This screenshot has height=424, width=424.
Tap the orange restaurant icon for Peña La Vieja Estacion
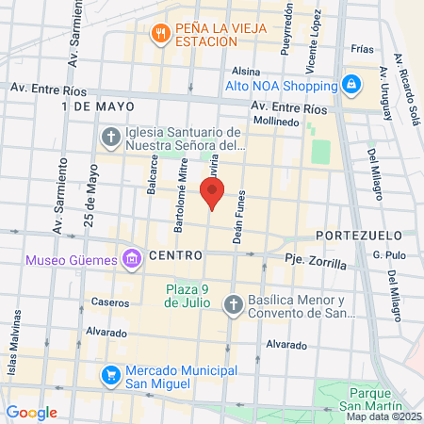(160, 33)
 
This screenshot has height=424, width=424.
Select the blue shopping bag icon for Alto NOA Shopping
(351, 86)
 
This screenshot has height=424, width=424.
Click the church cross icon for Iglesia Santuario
(109, 139)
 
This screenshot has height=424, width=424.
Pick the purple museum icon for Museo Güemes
(129, 258)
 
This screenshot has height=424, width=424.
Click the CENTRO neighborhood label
(176, 255)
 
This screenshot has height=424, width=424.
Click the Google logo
(31, 412)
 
